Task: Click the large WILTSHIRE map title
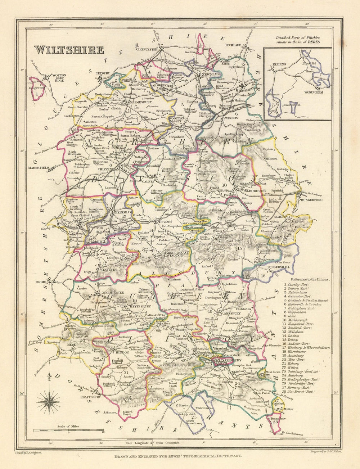[x=69, y=50]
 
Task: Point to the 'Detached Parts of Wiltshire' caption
[x=297, y=39]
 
